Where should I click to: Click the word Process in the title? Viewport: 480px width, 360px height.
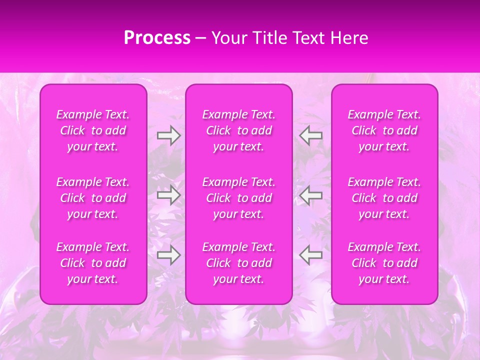[157, 38]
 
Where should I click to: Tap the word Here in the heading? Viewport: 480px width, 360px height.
[350, 38]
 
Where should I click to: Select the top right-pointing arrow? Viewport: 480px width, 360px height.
[168, 135]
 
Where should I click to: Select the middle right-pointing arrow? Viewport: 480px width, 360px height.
[168, 195]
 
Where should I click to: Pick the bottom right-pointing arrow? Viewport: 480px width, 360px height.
[168, 255]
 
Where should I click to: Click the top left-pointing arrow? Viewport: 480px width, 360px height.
[311, 135]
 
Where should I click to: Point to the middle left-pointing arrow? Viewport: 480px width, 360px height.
[311, 195]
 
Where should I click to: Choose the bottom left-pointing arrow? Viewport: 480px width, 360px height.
[311, 255]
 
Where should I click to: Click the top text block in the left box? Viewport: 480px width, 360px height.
[93, 130]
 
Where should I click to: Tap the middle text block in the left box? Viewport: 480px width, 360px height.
[93, 198]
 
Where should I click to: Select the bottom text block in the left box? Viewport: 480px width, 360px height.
[93, 263]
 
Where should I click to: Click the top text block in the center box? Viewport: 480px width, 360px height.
[239, 130]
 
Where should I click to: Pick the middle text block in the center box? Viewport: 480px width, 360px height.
[239, 198]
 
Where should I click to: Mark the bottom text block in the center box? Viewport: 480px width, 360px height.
[239, 263]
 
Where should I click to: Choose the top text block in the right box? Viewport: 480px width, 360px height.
[384, 130]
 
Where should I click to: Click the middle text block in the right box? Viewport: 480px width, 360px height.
[384, 198]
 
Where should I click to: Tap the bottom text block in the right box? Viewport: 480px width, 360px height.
[384, 263]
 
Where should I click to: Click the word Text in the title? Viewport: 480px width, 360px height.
[308, 38]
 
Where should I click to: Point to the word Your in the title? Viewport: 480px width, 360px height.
[228, 38]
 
